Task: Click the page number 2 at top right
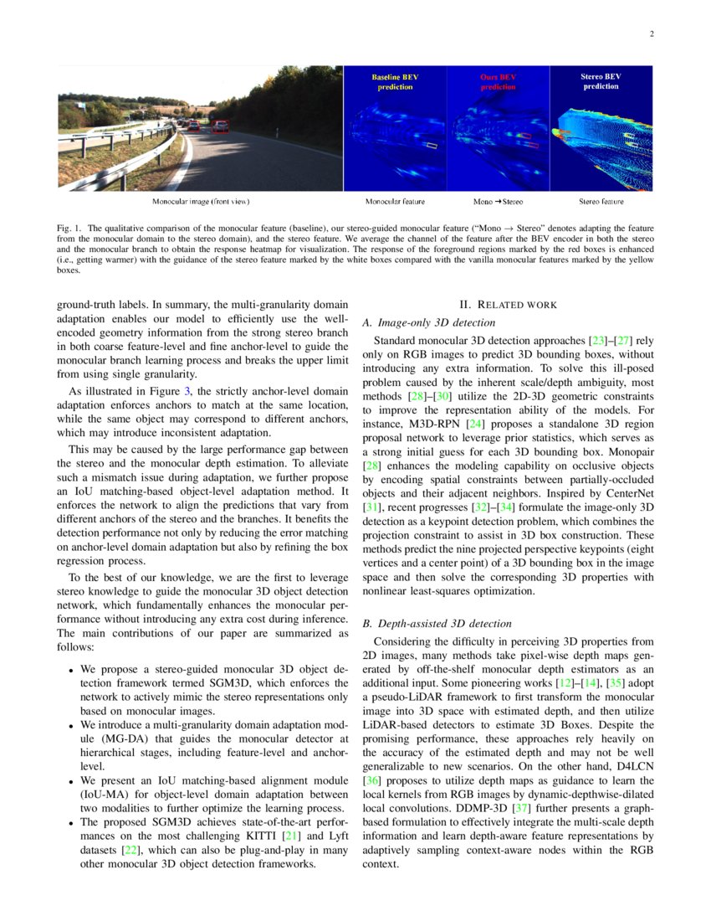651,34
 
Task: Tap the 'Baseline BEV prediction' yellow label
395,81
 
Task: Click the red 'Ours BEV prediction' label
498,81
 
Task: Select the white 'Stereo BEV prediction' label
601,80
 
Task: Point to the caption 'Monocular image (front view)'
200,202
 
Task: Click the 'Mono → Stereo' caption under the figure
498,202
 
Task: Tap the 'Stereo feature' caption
601,202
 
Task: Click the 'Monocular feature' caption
395,202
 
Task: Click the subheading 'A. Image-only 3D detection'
428,322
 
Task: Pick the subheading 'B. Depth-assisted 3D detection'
440,624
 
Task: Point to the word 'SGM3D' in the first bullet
211,684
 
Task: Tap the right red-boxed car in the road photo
221,126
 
